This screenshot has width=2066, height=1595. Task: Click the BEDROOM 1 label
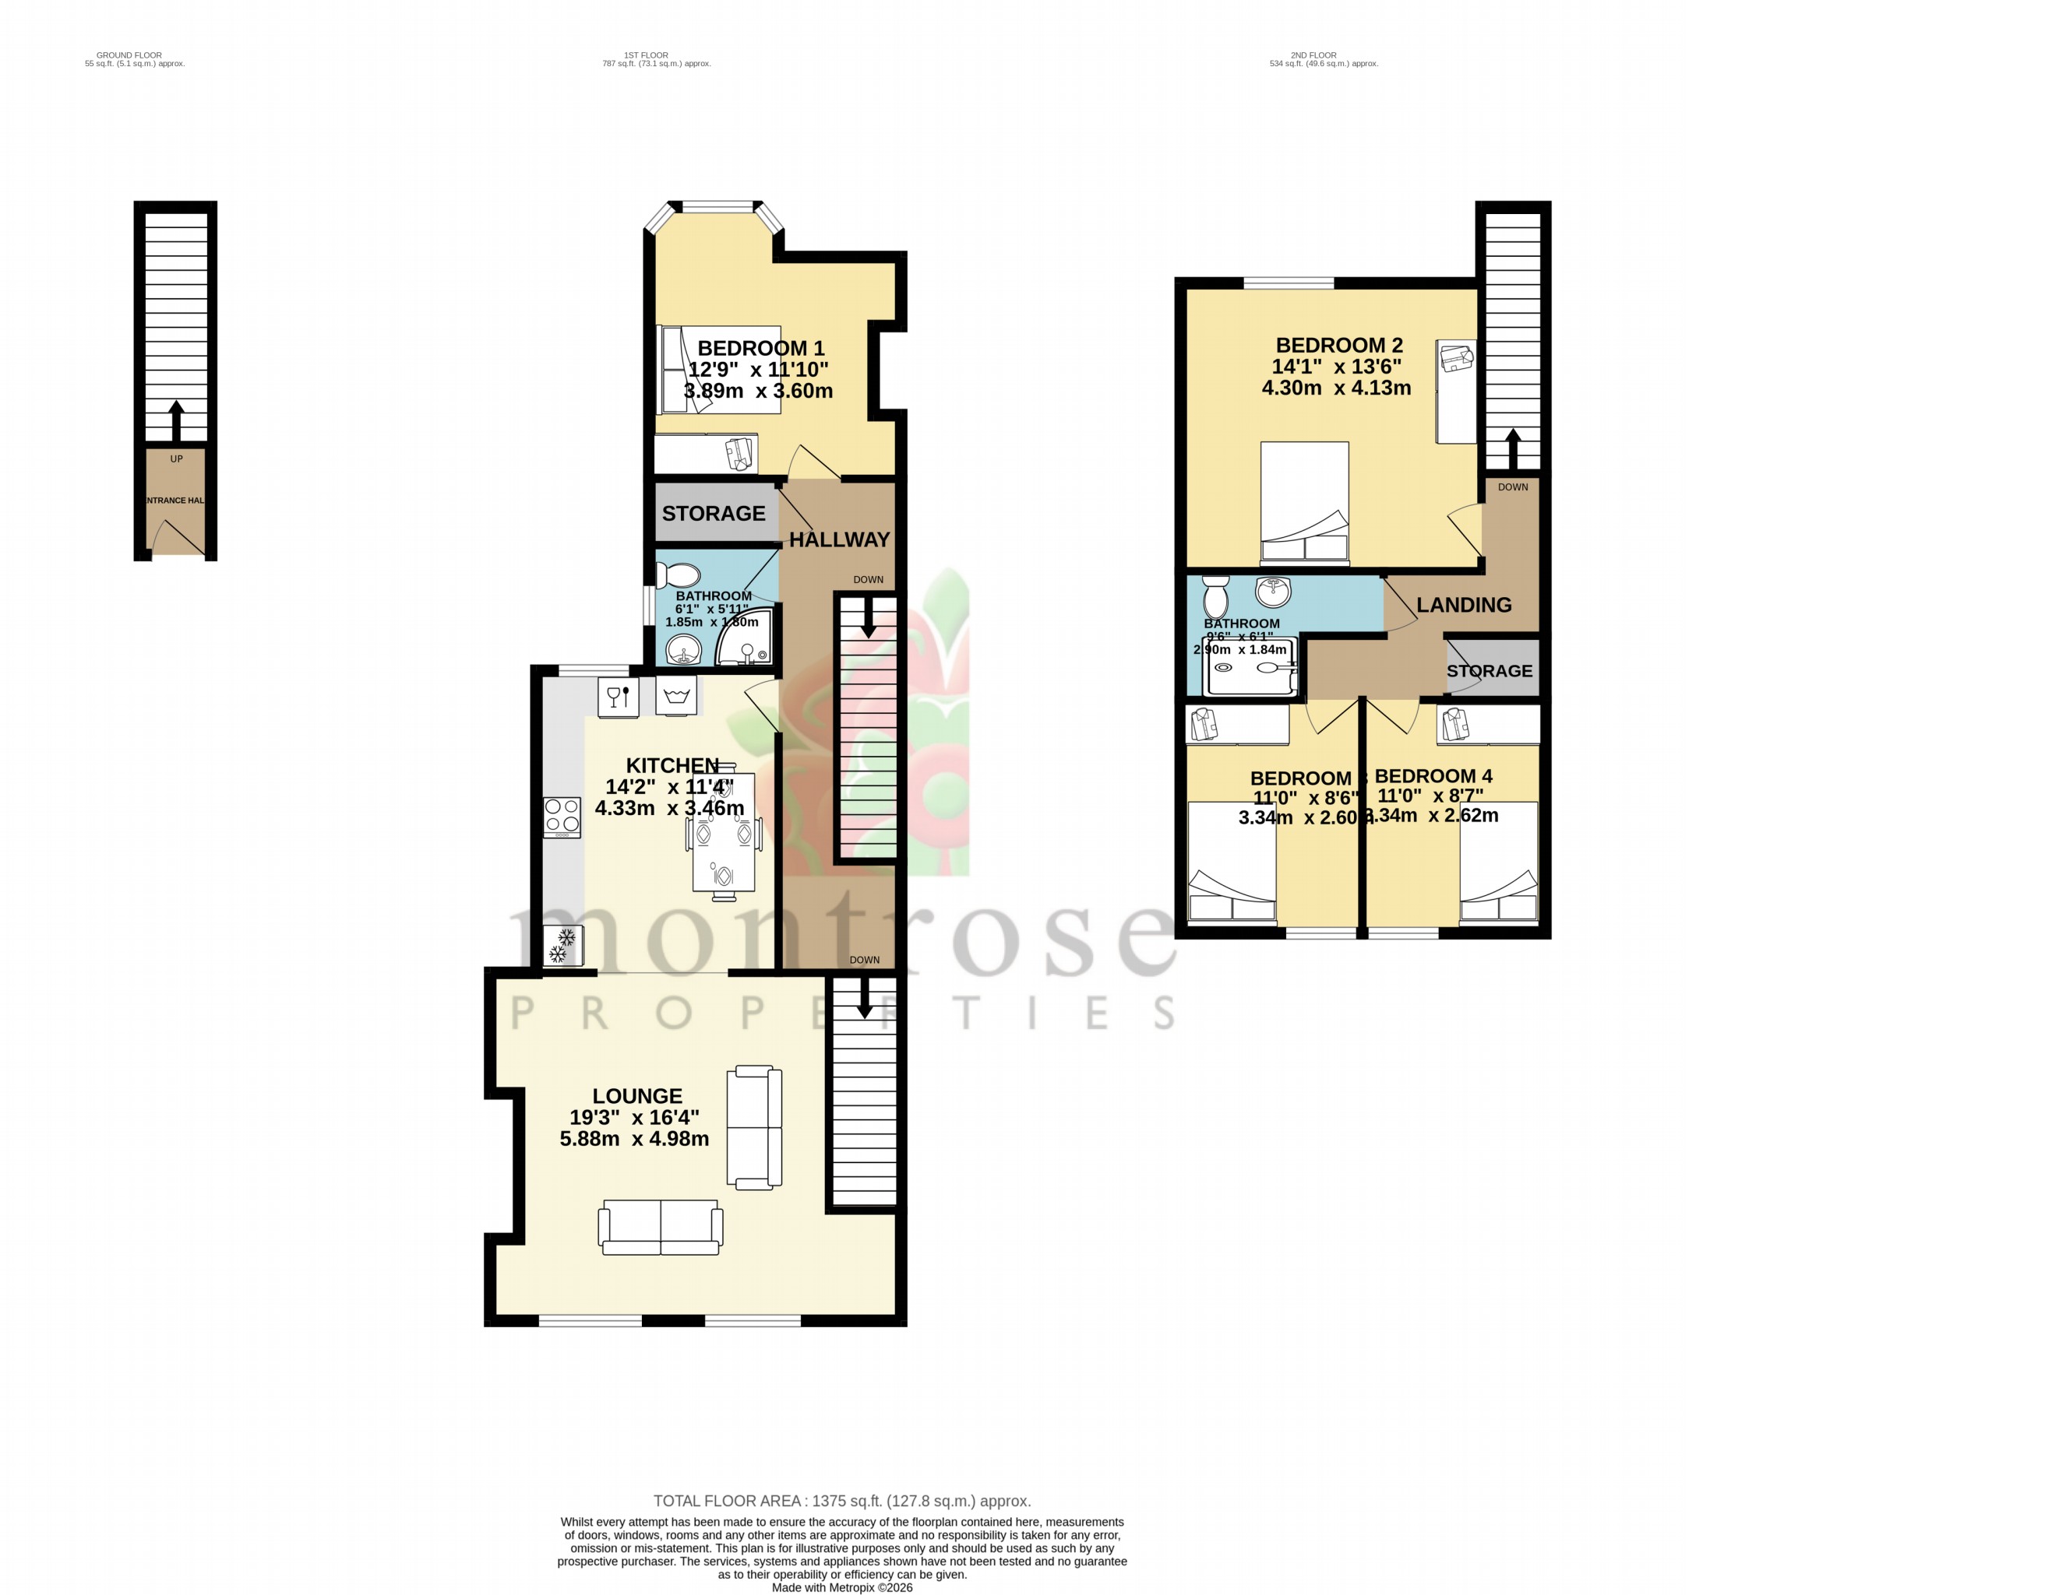(760, 348)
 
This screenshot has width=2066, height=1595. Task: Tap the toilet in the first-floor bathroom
(679, 574)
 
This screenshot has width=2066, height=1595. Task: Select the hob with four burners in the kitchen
(562, 817)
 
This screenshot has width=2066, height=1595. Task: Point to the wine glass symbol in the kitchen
(618, 697)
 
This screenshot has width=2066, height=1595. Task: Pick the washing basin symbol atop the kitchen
(675, 697)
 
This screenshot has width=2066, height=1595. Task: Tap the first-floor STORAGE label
(714, 514)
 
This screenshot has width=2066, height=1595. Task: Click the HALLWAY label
(839, 540)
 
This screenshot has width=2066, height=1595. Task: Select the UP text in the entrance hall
(176, 459)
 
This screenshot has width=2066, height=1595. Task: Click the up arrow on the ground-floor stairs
(176, 419)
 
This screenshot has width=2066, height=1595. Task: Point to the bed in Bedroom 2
(1304, 502)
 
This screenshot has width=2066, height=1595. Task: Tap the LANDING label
(1463, 605)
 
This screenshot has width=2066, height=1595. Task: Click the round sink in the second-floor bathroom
(1273, 592)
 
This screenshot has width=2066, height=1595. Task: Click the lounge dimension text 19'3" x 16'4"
(634, 1116)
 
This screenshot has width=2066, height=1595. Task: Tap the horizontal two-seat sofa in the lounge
(661, 1228)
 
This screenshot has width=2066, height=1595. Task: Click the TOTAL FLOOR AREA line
(842, 1501)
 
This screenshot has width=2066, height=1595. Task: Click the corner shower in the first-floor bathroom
(746, 638)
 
